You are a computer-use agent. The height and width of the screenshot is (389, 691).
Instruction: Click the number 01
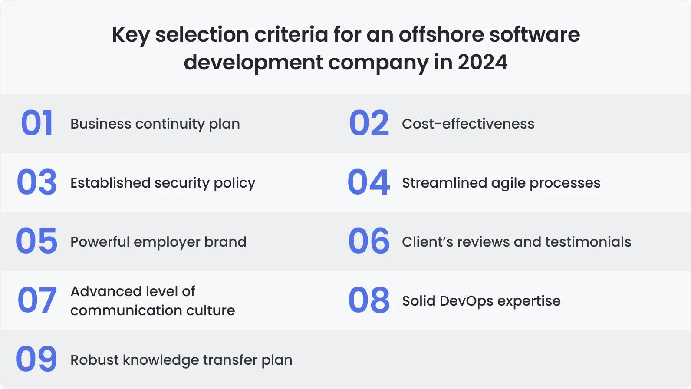(x=37, y=123)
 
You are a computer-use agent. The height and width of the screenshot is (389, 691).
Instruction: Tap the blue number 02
(x=369, y=123)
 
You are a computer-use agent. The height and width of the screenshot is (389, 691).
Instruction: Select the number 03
(x=37, y=182)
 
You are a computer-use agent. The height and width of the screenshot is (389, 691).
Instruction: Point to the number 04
(x=369, y=182)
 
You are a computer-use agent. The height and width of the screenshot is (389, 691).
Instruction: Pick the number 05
(x=37, y=241)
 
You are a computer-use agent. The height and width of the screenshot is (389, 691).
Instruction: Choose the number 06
(x=369, y=241)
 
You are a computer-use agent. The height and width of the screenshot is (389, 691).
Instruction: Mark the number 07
(x=37, y=300)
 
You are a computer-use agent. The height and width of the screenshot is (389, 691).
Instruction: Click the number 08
(x=369, y=300)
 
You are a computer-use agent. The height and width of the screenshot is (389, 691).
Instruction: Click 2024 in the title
(x=483, y=63)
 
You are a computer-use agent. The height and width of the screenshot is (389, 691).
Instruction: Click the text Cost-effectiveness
(x=468, y=124)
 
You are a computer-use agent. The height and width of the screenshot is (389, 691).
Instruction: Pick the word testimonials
(x=588, y=241)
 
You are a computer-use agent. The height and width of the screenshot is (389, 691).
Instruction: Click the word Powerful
(x=100, y=241)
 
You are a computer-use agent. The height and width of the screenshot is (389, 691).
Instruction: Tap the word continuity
(x=170, y=124)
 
